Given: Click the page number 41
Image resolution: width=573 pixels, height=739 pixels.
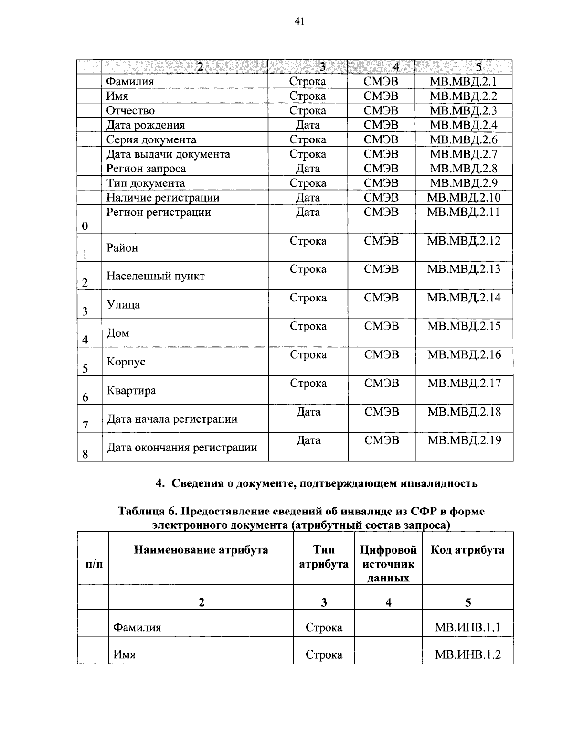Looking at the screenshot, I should [300, 21].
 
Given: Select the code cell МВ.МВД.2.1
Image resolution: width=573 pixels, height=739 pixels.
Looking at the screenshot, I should [463, 81].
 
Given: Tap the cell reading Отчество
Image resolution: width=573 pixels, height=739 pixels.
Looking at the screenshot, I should [130, 111].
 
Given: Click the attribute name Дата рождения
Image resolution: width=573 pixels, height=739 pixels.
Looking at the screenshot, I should [145, 125].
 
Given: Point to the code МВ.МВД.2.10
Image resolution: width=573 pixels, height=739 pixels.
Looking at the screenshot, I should [464, 198].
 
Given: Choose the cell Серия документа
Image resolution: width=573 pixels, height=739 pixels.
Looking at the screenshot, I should [151, 140].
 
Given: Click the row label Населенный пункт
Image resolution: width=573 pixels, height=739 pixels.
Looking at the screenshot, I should [155, 276].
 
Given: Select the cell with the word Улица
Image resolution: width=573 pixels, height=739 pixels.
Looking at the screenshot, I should [123, 305].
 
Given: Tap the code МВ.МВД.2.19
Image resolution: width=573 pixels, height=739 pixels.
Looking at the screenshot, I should [464, 440].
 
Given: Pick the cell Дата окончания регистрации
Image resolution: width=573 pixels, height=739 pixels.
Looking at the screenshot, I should [181, 448].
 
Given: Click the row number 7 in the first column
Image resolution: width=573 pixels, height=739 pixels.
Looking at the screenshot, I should [85, 426].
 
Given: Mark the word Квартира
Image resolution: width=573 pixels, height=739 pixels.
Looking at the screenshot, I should [131, 391].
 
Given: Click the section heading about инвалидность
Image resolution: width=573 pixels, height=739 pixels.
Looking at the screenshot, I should [317, 483].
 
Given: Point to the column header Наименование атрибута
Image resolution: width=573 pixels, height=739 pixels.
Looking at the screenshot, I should [201, 550].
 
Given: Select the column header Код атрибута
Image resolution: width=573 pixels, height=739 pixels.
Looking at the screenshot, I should [467, 550].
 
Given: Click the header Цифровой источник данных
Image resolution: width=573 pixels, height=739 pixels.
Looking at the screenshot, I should [388, 564].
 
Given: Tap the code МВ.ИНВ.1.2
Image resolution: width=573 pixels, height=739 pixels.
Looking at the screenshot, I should [467, 654].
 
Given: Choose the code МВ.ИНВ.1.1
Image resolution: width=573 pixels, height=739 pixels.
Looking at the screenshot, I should [467, 627].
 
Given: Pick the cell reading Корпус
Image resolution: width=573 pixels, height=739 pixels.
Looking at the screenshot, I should [126, 362].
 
